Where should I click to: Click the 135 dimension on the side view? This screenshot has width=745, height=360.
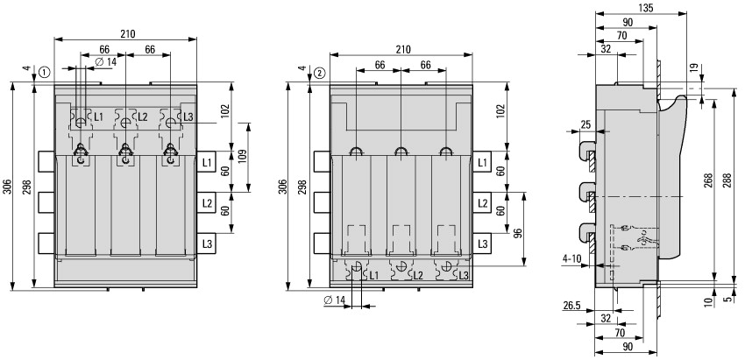tap(646, 8)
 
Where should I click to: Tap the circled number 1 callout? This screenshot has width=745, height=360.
tap(44, 73)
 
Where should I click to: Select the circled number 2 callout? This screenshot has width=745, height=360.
tap(320, 73)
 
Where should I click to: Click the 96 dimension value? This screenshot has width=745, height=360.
tap(518, 233)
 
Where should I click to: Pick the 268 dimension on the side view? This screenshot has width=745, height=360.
tap(708, 181)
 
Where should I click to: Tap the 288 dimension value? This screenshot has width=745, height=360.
tap(727, 181)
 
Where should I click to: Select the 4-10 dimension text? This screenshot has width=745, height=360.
tap(571, 259)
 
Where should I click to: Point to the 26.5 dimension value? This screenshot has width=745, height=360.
tap(571, 306)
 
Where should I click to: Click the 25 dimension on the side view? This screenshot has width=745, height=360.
tap(585, 124)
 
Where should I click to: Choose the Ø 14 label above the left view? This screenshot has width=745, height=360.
tap(105, 61)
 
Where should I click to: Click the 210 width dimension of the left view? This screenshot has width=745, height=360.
tap(127, 33)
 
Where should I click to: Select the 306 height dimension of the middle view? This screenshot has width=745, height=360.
tap(283, 187)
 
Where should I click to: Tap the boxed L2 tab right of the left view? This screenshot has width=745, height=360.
tap(207, 203)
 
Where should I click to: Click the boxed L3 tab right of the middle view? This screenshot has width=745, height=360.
tap(482, 244)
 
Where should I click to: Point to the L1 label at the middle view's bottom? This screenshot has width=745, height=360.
tap(374, 275)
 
